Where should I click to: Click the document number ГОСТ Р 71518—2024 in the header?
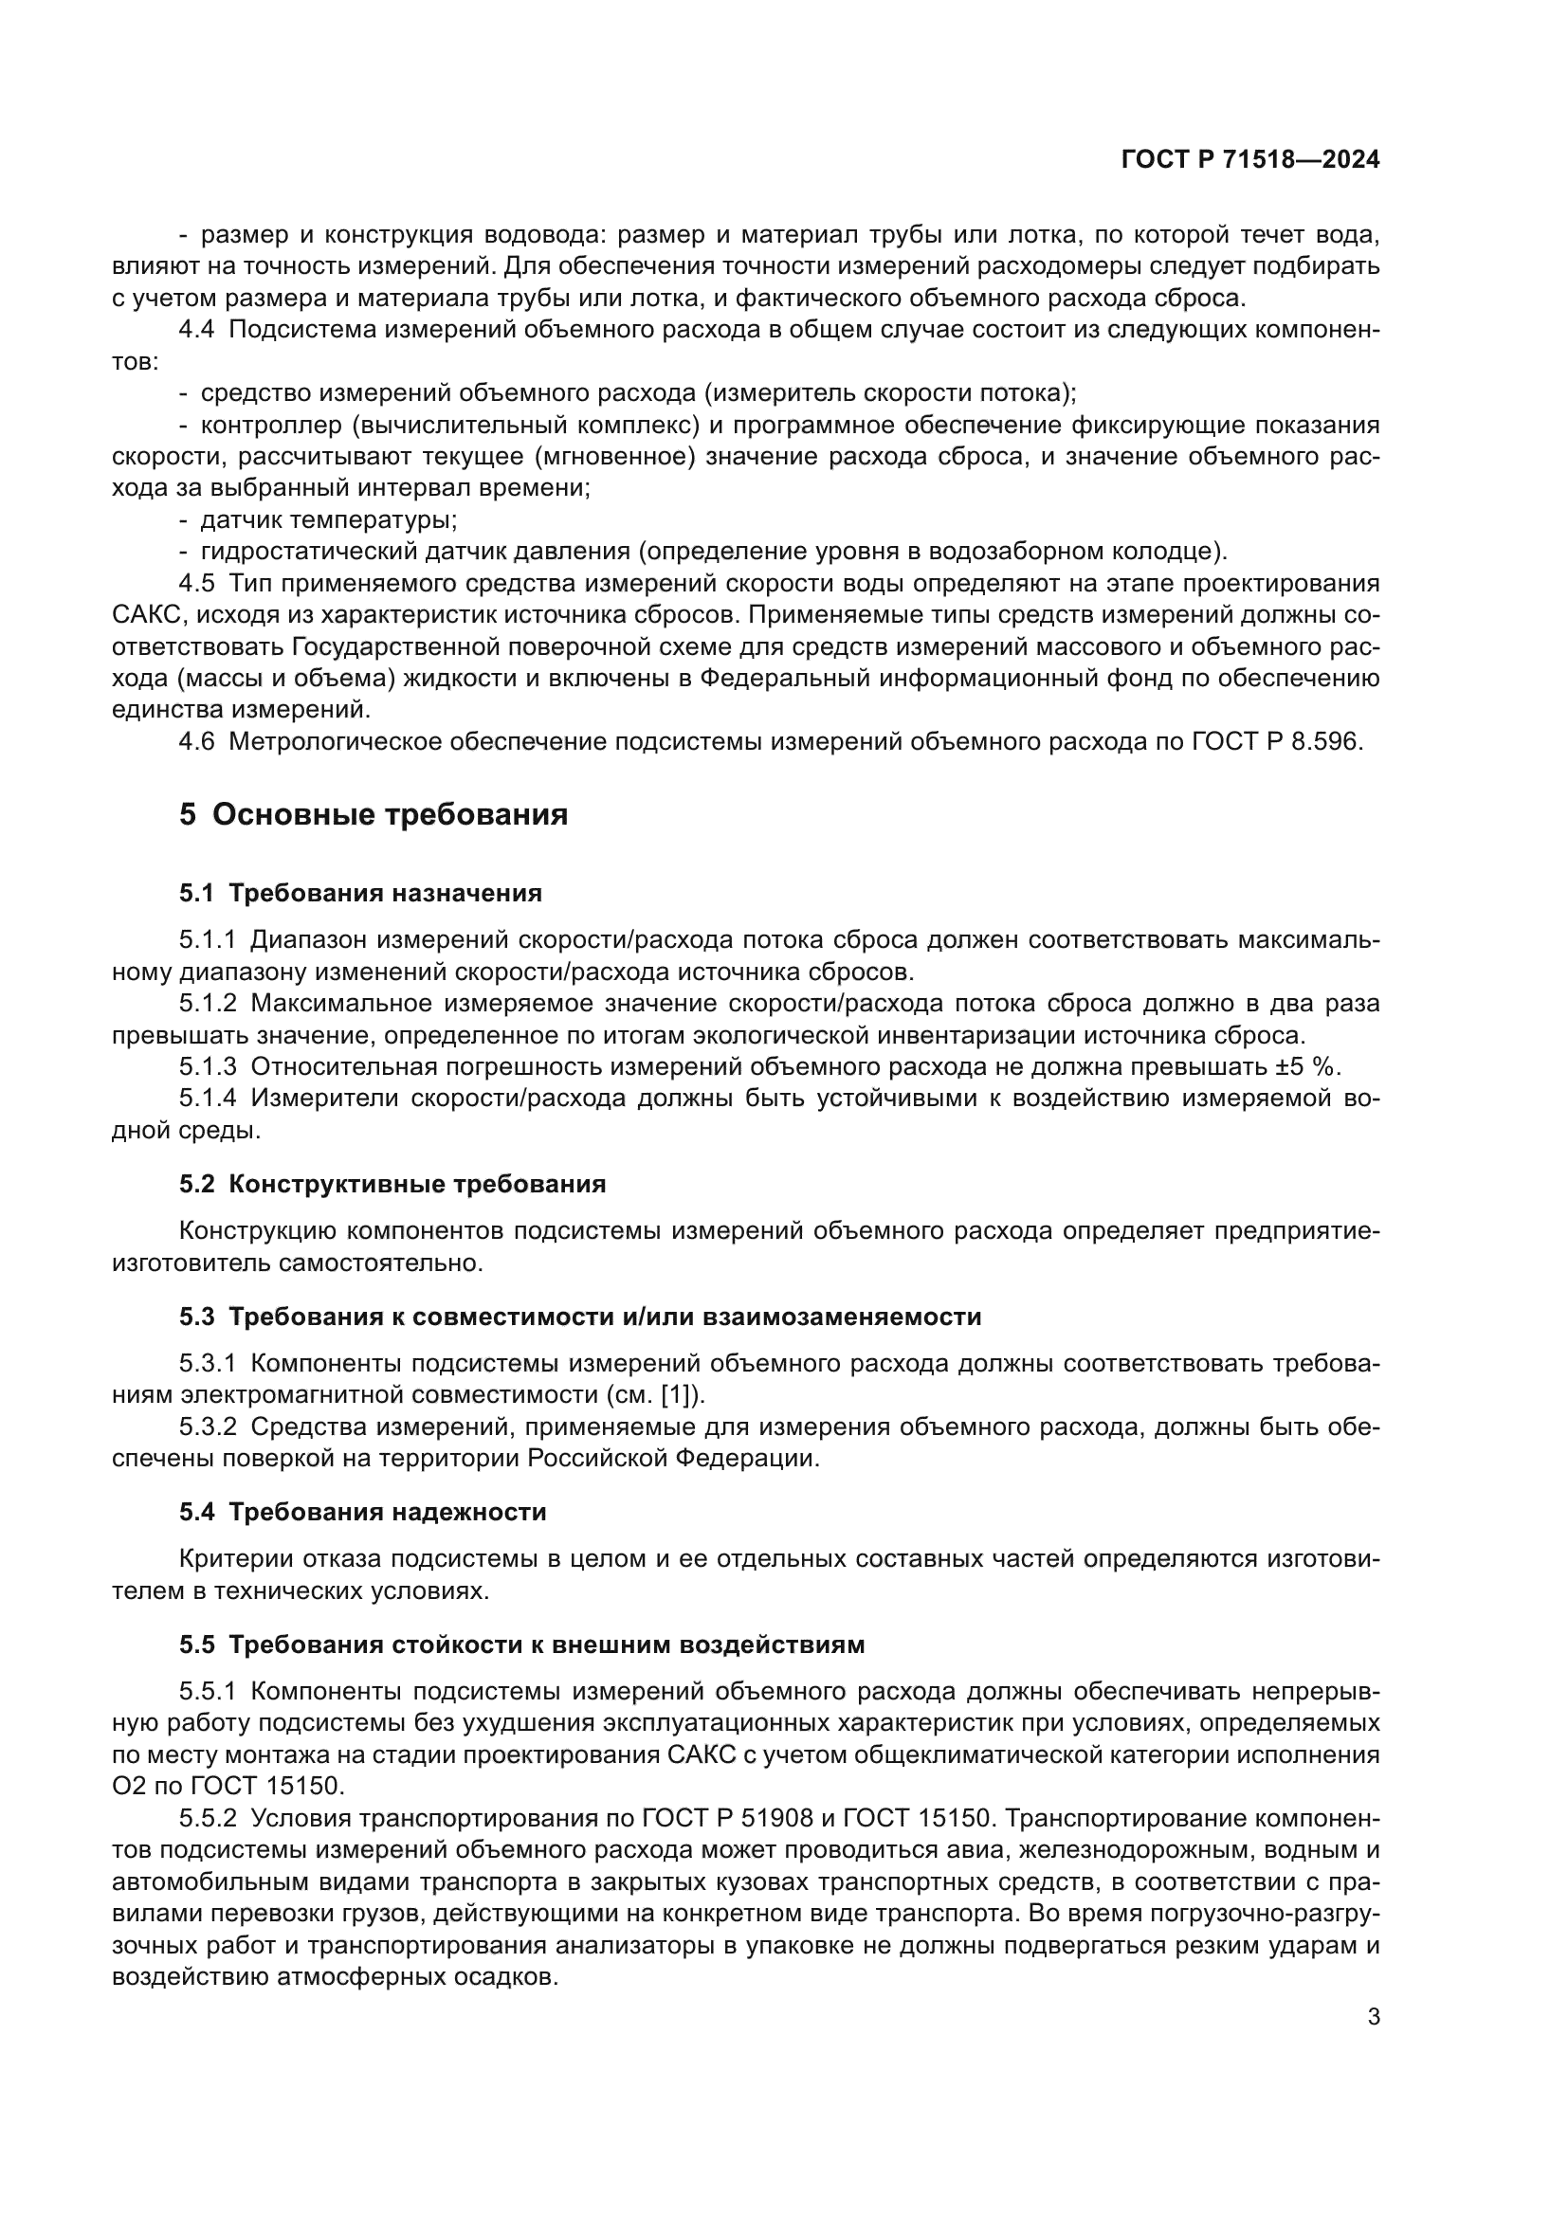(1250, 160)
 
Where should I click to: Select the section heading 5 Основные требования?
(374, 815)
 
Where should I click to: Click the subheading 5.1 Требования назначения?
(360, 893)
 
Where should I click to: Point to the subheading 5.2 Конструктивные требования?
(392, 1185)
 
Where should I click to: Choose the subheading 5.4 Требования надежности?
(362, 1512)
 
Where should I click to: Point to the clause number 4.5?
(196, 583)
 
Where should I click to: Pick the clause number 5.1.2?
(208, 1003)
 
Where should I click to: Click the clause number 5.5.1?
(208, 1692)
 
